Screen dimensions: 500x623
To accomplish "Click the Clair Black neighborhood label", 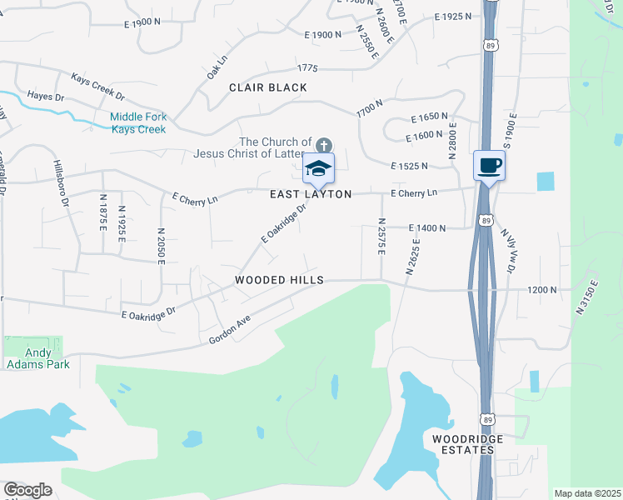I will pos(267,87).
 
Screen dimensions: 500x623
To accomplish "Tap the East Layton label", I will pos(311,194).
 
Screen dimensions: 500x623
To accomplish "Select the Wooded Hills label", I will pos(278,281).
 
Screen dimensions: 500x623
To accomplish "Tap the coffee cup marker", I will pos(489,164).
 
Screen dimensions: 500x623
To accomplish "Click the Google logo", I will pos(27,490).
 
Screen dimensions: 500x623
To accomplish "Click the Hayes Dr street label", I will pos(46,97).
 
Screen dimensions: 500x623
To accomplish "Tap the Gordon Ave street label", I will pos(230,331).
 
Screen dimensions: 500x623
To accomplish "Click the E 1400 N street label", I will pos(427,228).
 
